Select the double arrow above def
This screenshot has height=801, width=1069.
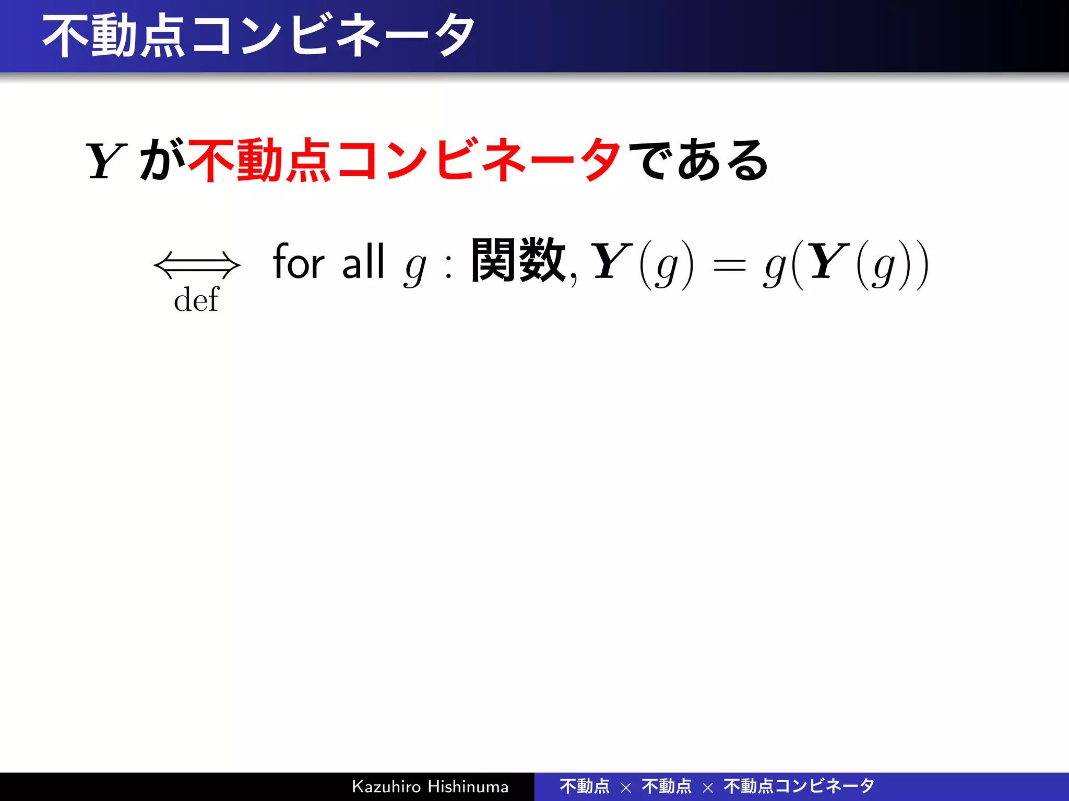tap(197, 265)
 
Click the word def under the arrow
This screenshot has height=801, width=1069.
tap(196, 300)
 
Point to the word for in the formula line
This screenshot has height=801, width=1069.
tap(299, 262)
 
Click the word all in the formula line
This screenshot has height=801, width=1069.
tap(363, 262)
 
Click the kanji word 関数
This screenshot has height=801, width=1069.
tap(518, 261)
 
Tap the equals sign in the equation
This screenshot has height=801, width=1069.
tap(729, 266)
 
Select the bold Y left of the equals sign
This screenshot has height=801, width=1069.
tap(611, 262)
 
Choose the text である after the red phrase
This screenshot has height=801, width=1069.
tap(698, 160)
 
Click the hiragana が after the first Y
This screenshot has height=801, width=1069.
tap(162, 160)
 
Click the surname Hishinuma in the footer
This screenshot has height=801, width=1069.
tap(468, 786)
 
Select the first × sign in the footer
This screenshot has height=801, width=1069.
tap(626, 788)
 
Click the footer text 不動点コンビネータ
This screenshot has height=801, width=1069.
tap(799, 786)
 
